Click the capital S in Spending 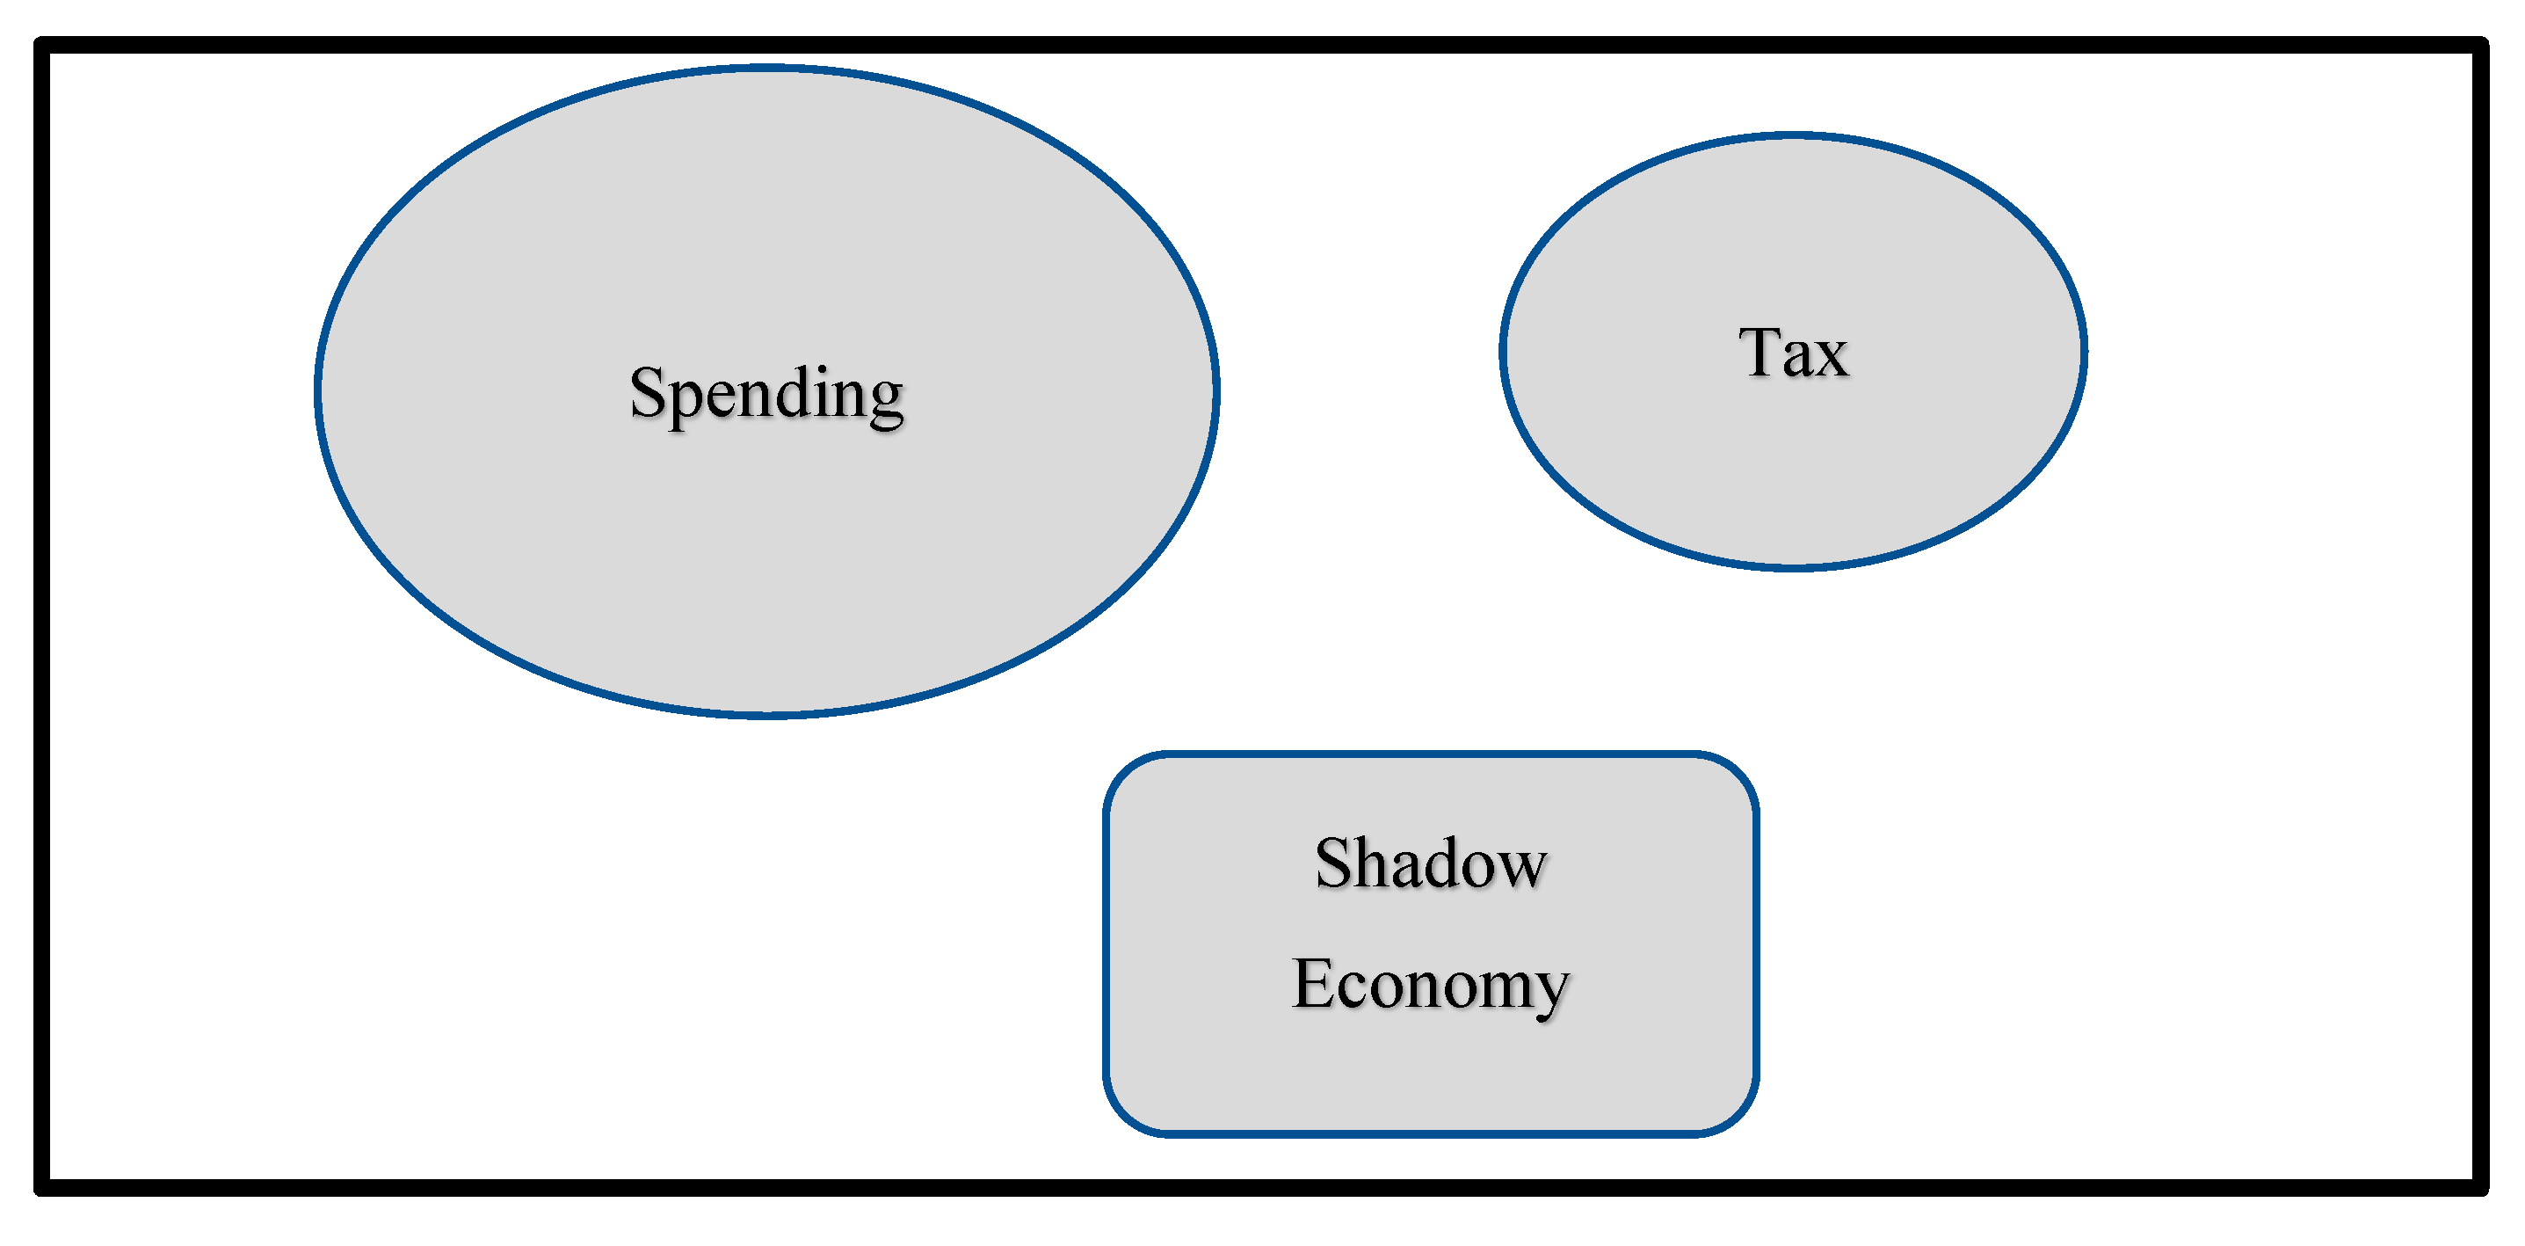[x=648, y=391]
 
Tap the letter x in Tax [x=1830, y=358]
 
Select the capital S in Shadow [x=1334, y=863]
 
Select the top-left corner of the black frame [x=42, y=45]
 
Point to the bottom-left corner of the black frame [x=42, y=1187]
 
